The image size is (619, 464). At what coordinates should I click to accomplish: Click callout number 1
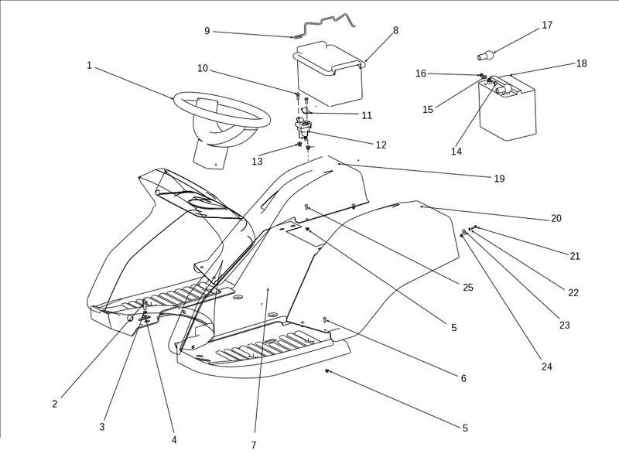coord(89,66)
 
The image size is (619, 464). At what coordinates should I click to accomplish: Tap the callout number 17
coord(547,25)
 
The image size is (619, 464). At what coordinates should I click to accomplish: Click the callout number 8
coord(395,31)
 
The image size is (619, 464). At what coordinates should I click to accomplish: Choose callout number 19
coord(499,179)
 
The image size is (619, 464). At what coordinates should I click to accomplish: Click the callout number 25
coord(467,288)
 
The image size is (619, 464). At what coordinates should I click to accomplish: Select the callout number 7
coord(253,445)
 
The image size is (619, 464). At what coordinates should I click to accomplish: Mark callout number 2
coord(55,404)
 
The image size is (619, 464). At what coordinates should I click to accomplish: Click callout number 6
coord(463,378)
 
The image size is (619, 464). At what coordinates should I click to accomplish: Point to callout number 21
coord(575,256)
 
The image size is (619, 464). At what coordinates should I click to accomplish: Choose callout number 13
coord(257,162)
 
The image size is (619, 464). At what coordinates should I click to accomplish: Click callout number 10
coord(203,68)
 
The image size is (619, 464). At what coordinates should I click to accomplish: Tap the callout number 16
coord(421,73)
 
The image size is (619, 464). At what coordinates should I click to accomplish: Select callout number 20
coord(556,218)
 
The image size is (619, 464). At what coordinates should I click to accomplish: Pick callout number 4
coord(174,439)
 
